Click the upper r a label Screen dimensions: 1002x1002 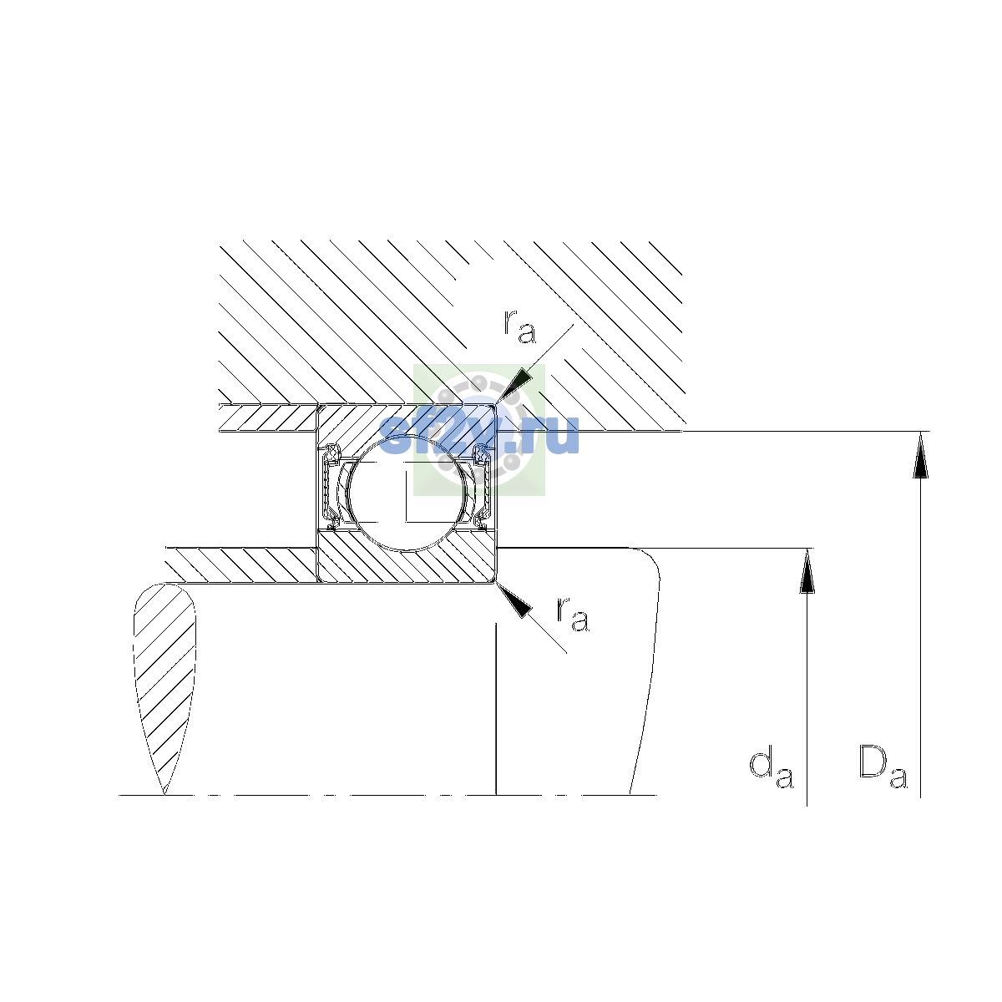click(519, 326)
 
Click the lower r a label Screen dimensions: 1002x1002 click(573, 614)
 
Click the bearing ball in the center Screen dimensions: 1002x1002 click(407, 492)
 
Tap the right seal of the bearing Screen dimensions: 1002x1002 click(482, 487)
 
